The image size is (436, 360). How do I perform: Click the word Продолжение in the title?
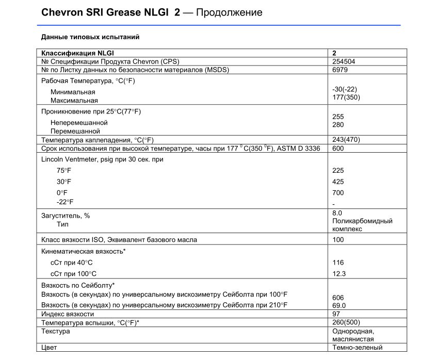230,12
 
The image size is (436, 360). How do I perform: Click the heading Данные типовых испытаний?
90,37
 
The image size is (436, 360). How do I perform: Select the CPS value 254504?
344,61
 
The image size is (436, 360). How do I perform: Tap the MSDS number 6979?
340,70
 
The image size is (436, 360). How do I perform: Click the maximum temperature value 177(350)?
346,97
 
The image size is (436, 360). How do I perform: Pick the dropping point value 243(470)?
346,140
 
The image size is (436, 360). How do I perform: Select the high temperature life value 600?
338,149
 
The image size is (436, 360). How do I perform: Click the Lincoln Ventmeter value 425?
338,182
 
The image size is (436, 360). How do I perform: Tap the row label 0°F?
62,192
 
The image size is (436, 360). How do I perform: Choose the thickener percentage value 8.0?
338,212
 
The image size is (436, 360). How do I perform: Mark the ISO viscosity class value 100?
338,240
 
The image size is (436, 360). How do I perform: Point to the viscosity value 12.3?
339,274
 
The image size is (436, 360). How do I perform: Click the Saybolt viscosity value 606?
338,298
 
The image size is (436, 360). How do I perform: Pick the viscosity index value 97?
337,314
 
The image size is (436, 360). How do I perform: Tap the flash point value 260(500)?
346,322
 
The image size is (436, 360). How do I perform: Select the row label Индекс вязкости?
68,314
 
